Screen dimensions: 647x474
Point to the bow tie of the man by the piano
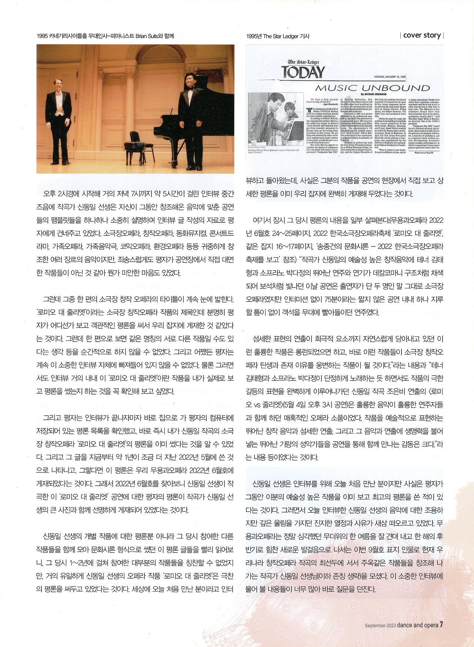(191, 88)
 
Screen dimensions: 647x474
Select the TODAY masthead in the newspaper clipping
(303, 72)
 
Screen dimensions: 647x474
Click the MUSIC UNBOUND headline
(372, 88)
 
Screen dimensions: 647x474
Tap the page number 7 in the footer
(441, 625)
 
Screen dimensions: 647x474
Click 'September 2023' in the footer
(380, 626)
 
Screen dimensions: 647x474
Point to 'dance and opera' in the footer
(417, 625)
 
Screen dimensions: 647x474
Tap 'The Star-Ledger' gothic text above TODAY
(303, 62)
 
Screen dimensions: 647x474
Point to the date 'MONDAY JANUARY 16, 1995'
(390, 77)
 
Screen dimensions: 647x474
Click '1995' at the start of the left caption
(42, 36)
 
